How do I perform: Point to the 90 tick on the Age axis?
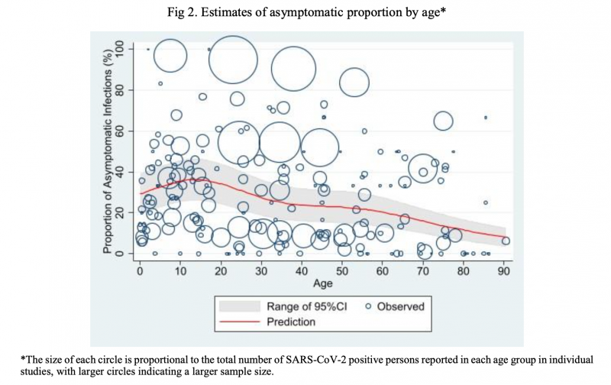coord(505,270)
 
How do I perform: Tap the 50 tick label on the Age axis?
coord(343,270)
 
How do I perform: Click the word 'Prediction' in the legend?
coord(291,322)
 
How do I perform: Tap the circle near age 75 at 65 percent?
coord(444,121)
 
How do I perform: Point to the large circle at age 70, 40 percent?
coord(425,170)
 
